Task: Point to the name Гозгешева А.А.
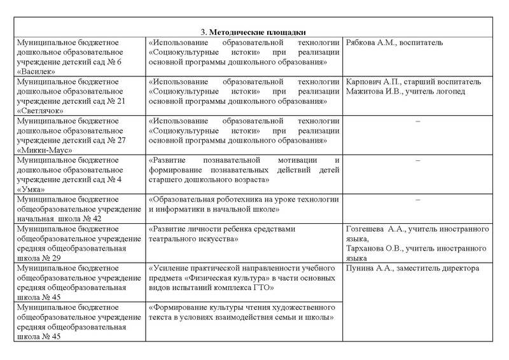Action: pos(373,228)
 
